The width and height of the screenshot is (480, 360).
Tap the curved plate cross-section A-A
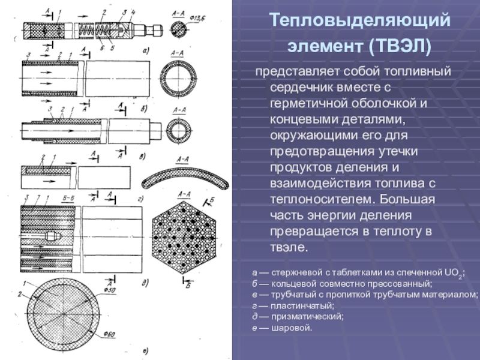point(184,178)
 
